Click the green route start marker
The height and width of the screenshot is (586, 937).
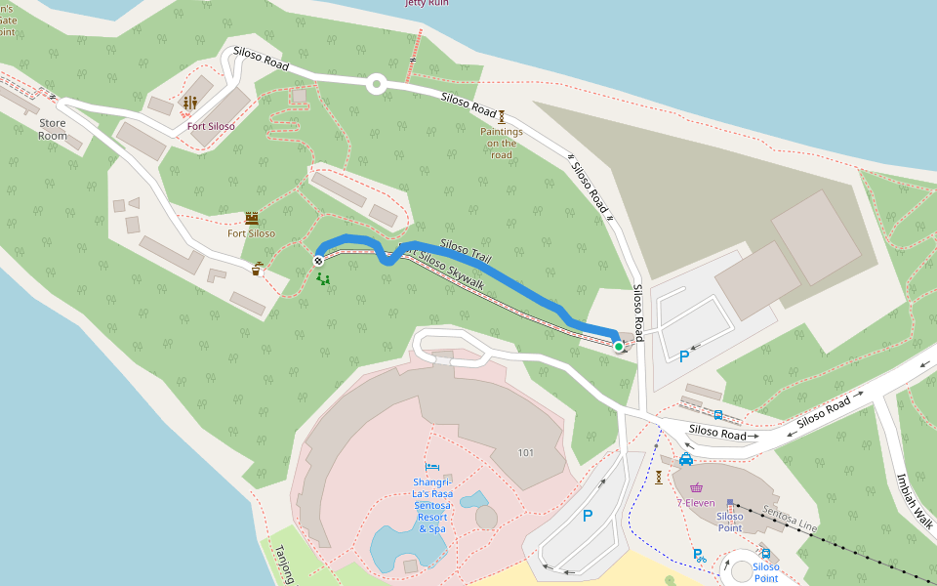[x=619, y=346]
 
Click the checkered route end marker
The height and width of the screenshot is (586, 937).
[x=318, y=261]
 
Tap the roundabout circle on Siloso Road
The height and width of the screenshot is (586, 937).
[x=376, y=85]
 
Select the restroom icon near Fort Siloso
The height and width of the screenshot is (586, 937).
[x=190, y=103]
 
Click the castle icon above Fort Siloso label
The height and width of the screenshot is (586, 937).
[x=252, y=218]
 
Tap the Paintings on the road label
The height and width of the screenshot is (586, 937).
[x=502, y=143]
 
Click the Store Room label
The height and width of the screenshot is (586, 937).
[x=53, y=129]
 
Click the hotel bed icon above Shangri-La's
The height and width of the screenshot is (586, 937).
[x=431, y=466]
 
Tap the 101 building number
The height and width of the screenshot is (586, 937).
[x=526, y=453]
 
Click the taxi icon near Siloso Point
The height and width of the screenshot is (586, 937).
[x=686, y=458]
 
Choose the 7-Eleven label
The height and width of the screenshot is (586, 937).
[x=696, y=503]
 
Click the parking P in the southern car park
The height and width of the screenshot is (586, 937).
[x=588, y=516]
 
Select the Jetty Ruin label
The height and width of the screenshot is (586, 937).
[x=428, y=3]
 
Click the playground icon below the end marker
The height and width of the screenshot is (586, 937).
[x=322, y=279]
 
